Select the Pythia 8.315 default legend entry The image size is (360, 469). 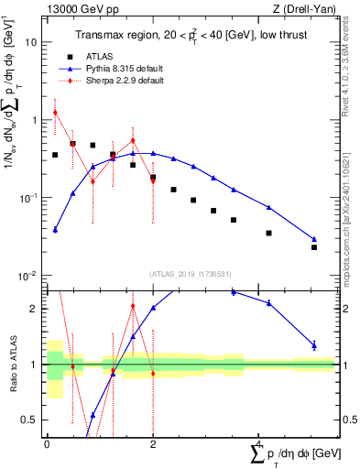125,68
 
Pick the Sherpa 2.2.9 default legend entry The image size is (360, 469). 125,81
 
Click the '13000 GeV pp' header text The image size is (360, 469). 77,7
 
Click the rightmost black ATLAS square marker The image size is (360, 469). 314,247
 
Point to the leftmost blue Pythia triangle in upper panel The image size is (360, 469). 55,230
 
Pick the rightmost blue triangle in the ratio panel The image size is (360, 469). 314,345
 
